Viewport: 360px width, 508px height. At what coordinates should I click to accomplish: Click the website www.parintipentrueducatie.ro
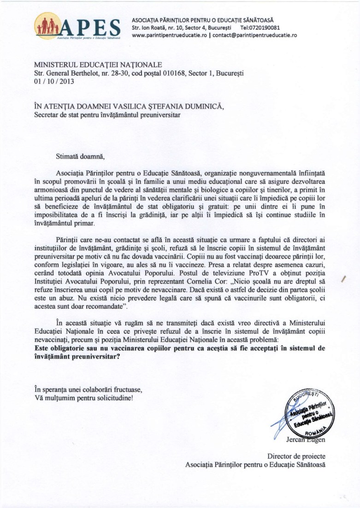click(x=168, y=35)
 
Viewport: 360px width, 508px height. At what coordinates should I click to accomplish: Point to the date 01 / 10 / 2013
click(x=53, y=81)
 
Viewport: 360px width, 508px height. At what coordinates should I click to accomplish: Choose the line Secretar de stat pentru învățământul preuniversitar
click(x=107, y=115)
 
